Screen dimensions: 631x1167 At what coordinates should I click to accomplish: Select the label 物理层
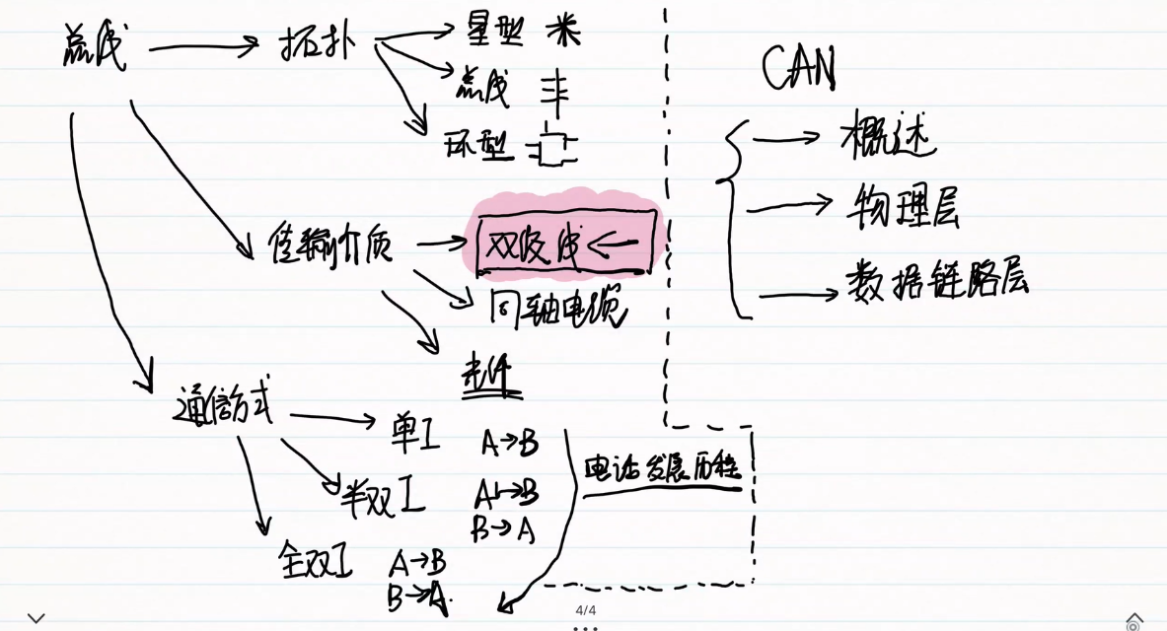[903, 205]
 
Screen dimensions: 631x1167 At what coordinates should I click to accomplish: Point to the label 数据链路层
[936, 280]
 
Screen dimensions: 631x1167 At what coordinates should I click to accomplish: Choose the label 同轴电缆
[558, 309]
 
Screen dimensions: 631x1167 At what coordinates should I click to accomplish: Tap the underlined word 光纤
[491, 378]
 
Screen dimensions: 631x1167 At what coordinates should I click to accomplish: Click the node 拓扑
[315, 44]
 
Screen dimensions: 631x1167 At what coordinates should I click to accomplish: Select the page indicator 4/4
[586, 610]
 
